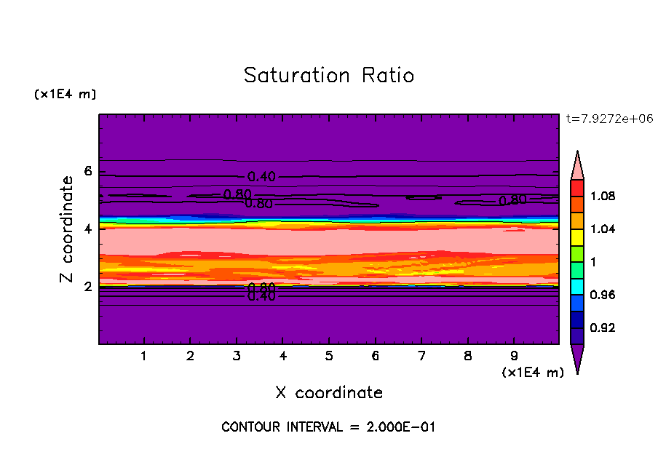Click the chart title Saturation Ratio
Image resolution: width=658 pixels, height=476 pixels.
click(329, 76)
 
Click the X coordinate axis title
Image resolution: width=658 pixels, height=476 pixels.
click(329, 393)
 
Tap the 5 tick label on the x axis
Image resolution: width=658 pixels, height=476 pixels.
click(329, 357)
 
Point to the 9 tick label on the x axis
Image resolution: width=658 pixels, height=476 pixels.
click(514, 357)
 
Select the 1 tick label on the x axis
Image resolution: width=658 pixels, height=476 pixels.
click(144, 357)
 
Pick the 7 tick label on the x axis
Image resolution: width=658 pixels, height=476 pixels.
click(421, 357)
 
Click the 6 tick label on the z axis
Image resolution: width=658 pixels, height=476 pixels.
click(88, 172)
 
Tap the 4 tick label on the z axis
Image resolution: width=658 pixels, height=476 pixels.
click(88, 229)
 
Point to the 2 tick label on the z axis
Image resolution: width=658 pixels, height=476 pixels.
click(88, 287)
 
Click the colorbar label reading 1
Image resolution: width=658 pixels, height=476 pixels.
click(593, 262)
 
